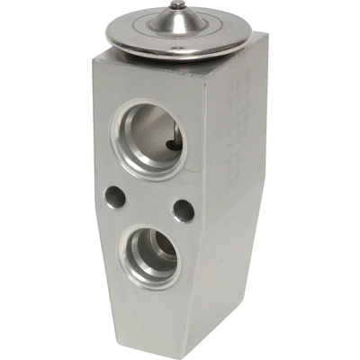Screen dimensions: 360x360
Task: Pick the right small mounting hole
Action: tap(184, 211)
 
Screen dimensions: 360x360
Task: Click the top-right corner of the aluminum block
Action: tap(266, 35)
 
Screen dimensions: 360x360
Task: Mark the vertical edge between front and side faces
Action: tap(213, 180)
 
